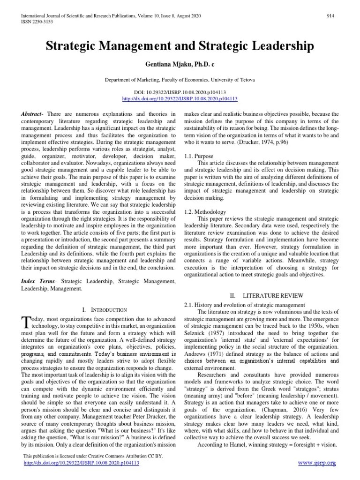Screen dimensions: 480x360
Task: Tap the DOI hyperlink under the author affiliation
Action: point(180,99)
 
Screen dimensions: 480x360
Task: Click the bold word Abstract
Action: point(32,114)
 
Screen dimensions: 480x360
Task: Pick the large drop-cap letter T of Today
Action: point(26,322)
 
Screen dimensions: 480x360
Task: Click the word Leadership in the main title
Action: point(276,46)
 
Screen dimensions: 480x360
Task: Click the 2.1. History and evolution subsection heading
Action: point(245,305)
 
